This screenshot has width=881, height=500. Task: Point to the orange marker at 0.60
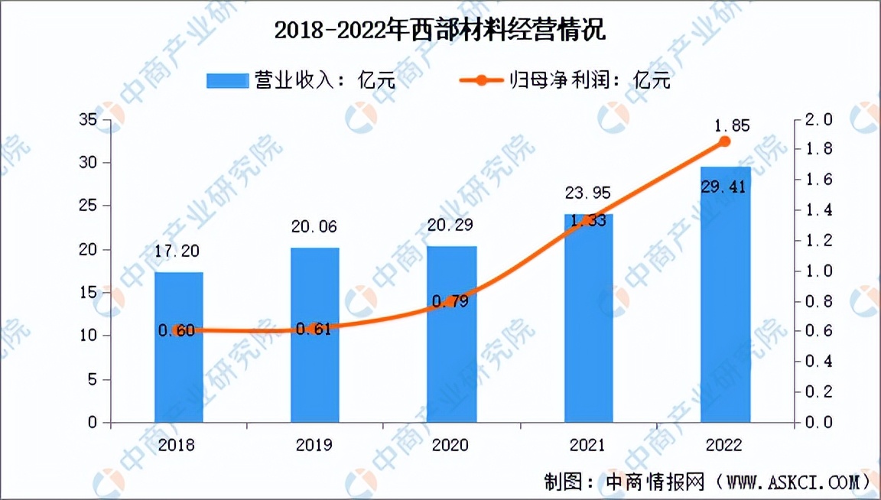pos(178,330)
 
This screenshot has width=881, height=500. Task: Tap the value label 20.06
pos(314,226)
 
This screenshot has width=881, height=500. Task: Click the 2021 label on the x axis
pos(587,445)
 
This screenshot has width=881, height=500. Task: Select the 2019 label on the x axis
pos(314,445)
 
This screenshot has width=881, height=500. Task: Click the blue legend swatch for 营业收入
pos(227,80)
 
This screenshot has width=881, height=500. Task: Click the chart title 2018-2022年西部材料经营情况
pos(440,31)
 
